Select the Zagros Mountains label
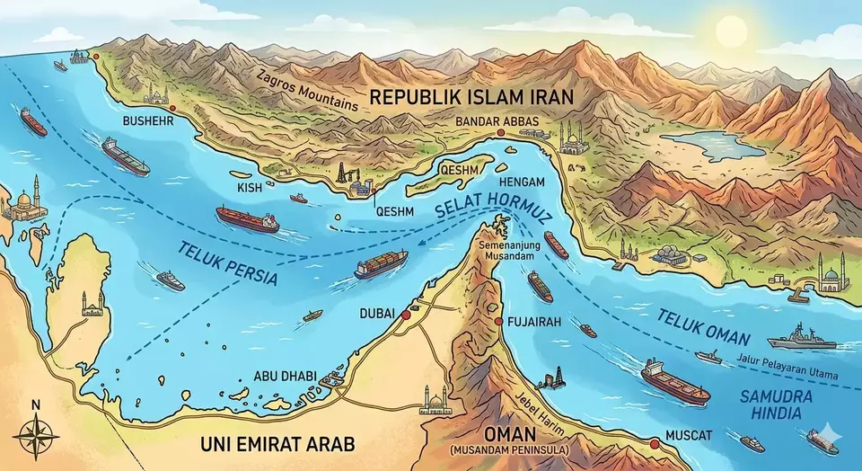306,90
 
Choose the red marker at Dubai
406,315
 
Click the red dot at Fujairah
499,320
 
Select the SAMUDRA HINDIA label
778,404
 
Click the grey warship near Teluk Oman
801,337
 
